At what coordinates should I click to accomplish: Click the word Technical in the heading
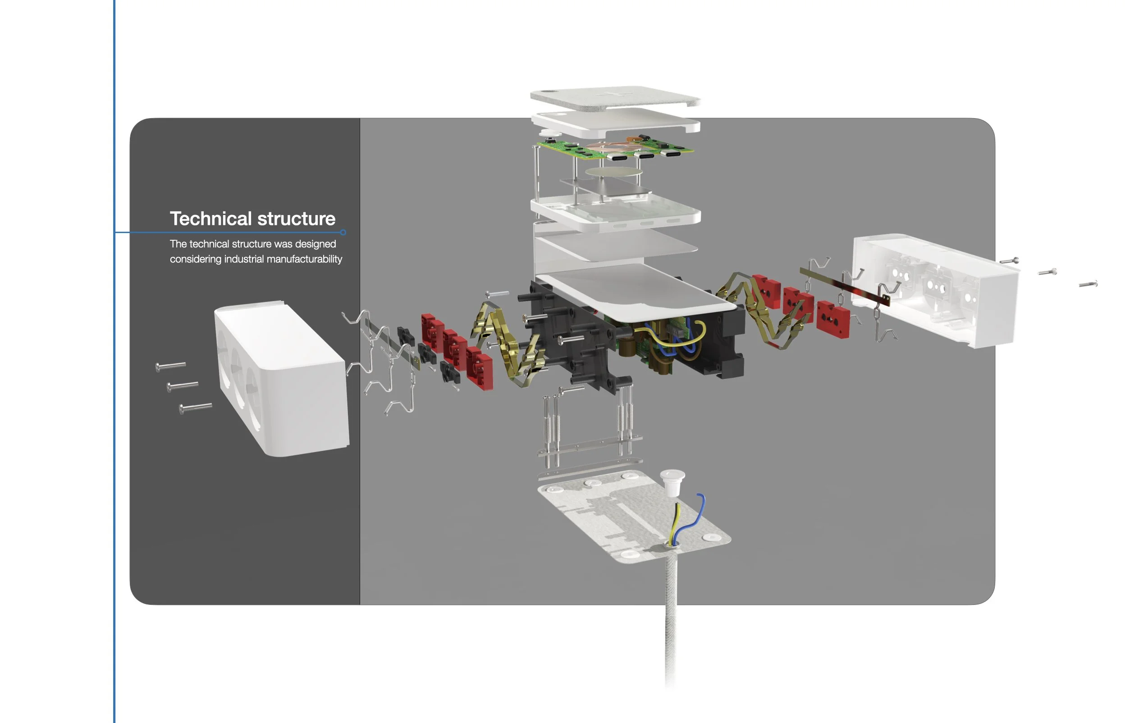[x=211, y=219]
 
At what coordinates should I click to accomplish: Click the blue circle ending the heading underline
[x=343, y=233]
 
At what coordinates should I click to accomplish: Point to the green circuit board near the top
[x=563, y=149]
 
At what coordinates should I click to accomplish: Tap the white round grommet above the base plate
[x=672, y=481]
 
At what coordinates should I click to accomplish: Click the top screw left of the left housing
[x=171, y=366]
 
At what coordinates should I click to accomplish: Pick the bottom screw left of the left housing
[x=196, y=407]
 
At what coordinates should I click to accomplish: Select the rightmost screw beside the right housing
[x=1088, y=284]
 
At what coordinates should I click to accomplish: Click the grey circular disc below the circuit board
[x=613, y=172]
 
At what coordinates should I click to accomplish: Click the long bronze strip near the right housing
[x=845, y=286]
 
